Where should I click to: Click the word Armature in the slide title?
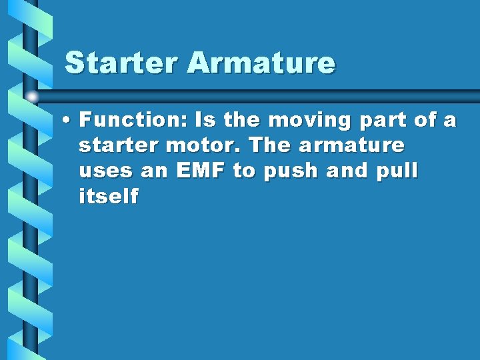(261, 63)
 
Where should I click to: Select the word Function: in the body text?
(133, 121)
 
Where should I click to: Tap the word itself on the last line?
(109, 196)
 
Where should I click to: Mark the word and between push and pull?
(344, 171)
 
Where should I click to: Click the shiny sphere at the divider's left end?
(32, 97)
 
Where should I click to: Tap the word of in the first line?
(424, 121)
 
